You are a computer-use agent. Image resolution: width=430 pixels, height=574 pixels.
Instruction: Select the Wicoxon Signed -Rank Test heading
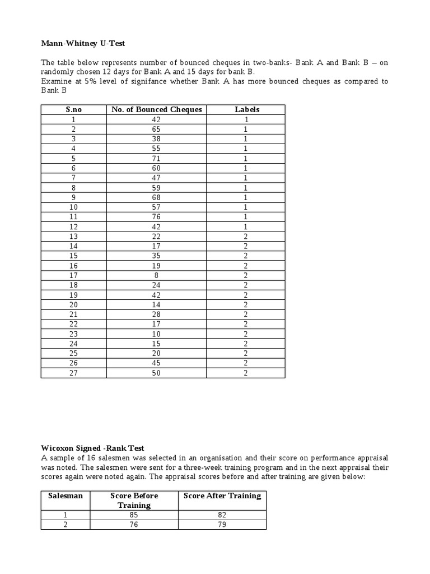point(92,448)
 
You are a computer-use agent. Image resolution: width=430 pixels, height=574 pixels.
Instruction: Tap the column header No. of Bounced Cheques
point(157,109)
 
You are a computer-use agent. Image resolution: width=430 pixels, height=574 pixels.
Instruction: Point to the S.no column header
point(74,109)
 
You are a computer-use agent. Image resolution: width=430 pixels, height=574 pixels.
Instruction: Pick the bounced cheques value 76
point(157,217)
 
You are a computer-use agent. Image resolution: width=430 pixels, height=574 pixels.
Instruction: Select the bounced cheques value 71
point(157,158)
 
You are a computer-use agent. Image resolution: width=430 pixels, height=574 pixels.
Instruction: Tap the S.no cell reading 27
point(74,373)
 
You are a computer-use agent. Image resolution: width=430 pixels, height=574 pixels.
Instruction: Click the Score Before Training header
point(134,500)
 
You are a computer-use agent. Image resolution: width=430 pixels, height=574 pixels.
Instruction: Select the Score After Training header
point(222,496)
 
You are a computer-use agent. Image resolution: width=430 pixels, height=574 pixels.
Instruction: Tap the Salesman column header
point(66,496)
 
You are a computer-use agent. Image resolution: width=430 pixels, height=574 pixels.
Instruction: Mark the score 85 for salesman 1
point(134,515)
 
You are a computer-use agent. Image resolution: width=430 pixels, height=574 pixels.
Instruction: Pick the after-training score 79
point(222,525)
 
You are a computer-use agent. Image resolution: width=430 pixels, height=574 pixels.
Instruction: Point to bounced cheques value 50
point(157,373)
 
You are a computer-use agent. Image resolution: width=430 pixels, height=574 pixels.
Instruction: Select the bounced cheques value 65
point(157,129)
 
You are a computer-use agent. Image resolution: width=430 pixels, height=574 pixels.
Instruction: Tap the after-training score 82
point(222,515)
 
